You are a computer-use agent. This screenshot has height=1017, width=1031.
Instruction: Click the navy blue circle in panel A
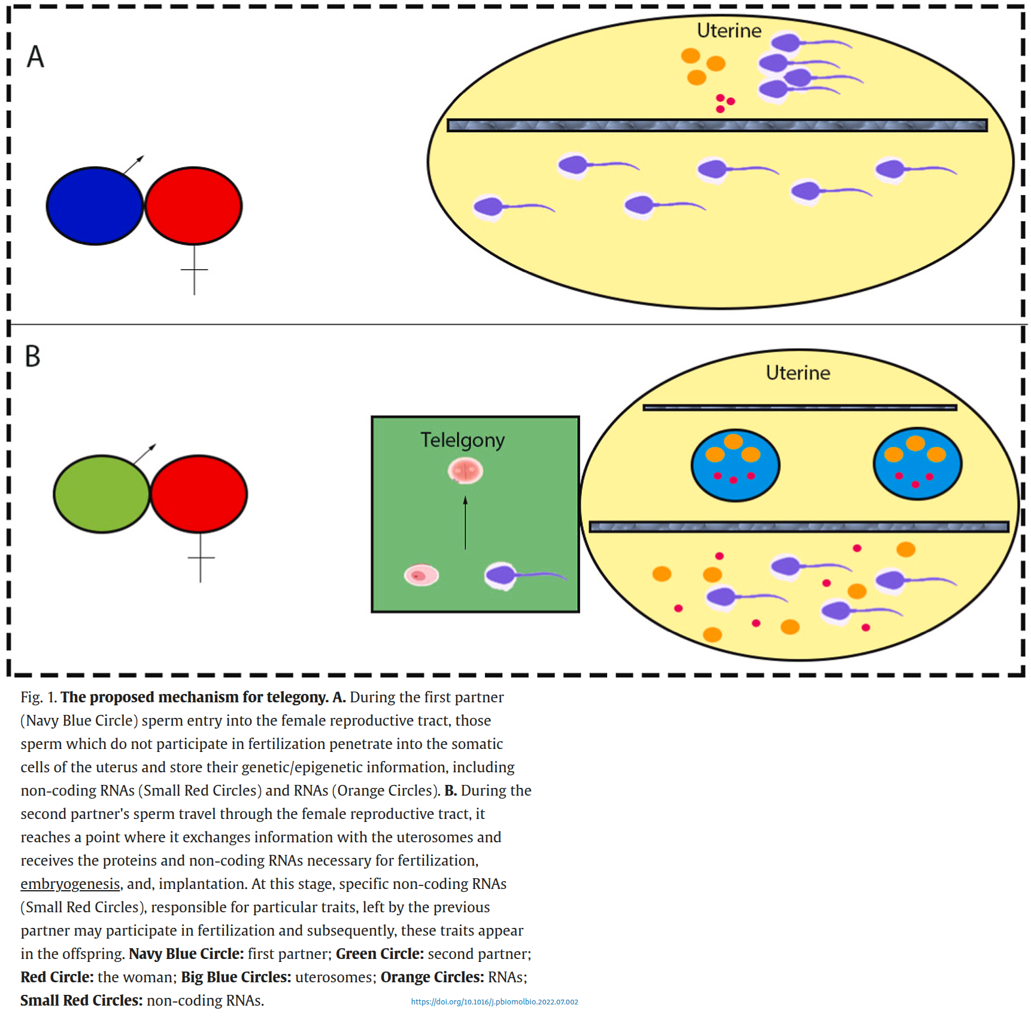pyautogui.click(x=95, y=206)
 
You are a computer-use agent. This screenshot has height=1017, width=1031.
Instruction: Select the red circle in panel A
pyautogui.click(x=193, y=206)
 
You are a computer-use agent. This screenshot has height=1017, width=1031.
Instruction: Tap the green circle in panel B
pyautogui.click(x=101, y=494)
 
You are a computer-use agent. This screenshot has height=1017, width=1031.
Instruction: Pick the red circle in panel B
pyautogui.click(x=199, y=494)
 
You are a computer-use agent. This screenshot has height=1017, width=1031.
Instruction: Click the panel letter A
pyautogui.click(x=35, y=57)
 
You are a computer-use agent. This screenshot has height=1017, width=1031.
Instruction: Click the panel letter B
pyautogui.click(x=32, y=356)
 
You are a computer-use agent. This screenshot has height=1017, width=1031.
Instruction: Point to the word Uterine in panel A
pyautogui.click(x=729, y=31)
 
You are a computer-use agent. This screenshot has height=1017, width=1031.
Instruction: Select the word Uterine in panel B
pyautogui.click(x=797, y=373)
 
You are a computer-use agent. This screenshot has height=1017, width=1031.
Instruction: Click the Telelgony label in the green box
pyautogui.click(x=462, y=440)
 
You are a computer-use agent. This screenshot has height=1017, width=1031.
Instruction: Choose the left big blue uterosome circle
pyautogui.click(x=735, y=465)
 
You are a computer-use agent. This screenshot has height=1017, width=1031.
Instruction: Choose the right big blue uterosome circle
pyautogui.click(x=917, y=464)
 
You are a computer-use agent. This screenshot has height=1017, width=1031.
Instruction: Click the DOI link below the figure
pyautogui.click(x=495, y=1001)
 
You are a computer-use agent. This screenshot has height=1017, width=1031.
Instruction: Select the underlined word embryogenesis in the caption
pyautogui.click(x=70, y=884)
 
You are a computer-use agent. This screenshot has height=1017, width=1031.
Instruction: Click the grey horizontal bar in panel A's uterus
pyautogui.click(x=717, y=125)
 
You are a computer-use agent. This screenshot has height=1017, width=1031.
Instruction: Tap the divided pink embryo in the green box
pyautogui.click(x=465, y=471)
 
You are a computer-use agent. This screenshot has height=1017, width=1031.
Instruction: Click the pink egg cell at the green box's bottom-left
pyautogui.click(x=421, y=576)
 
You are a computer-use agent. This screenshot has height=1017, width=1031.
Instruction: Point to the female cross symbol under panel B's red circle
pyautogui.click(x=201, y=558)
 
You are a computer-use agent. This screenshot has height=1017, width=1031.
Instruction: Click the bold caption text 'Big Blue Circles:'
pyautogui.click(x=236, y=977)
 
